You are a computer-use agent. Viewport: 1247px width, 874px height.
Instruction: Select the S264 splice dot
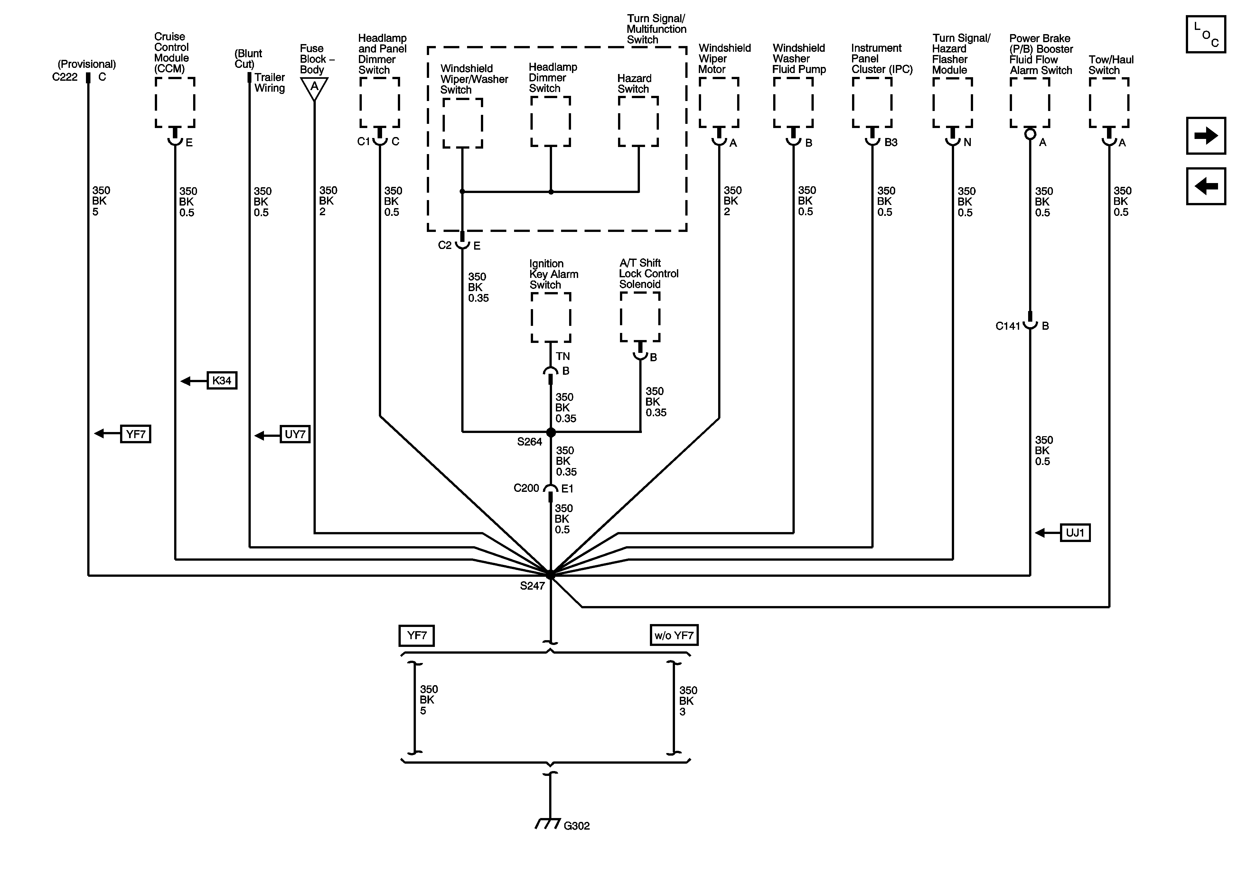(551, 433)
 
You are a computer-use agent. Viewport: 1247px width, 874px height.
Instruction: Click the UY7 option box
(295, 434)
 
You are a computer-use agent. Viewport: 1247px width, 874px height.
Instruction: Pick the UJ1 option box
(1075, 533)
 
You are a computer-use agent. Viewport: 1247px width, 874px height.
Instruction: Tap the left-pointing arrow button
(1205, 186)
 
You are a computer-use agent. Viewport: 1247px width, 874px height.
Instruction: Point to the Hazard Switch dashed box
(638, 122)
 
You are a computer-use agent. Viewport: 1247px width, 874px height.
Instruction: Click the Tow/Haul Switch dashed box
(1109, 103)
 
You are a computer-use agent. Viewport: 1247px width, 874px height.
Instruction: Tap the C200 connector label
(526, 488)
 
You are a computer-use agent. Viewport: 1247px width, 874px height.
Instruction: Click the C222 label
(65, 77)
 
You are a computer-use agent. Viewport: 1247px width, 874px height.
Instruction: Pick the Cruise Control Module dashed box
(175, 103)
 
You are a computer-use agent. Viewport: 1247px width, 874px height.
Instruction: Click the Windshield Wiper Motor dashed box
(718, 103)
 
